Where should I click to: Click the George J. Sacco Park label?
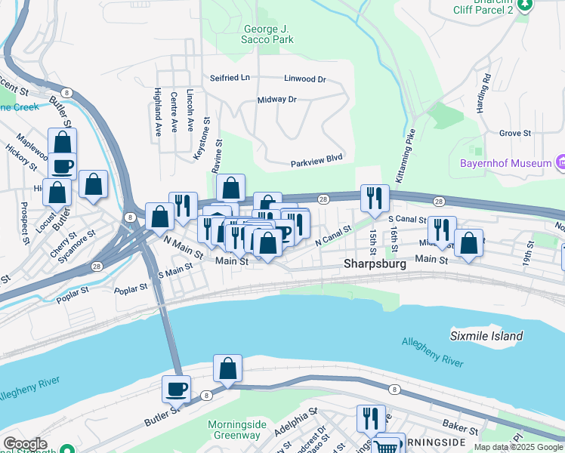point(258,35)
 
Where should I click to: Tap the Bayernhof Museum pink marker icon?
point(560,162)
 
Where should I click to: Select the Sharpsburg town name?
point(375,264)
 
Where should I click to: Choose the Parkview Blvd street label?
point(317,164)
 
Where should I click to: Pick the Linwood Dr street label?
point(304,79)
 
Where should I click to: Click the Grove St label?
point(515,133)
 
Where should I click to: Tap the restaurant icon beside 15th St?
point(375,199)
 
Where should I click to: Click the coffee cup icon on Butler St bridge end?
point(177,389)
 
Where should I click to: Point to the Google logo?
point(24,444)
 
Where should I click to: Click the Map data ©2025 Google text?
point(518,447)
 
